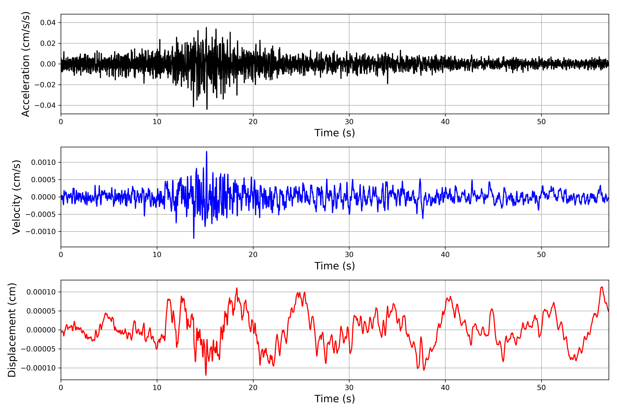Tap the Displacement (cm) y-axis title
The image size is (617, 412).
point(12,330)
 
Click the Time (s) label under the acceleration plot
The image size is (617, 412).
point(335,133)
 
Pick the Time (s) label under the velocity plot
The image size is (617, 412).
point(335,266)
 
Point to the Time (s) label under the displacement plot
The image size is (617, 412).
point(335,399)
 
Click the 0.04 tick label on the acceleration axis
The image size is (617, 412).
point(48,23)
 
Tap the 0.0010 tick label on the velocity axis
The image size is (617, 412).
point(43,162)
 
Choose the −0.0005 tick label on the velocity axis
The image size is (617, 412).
point(41,214)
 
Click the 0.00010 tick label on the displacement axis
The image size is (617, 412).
point(41,292)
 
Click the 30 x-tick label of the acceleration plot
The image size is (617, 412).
point(349,122)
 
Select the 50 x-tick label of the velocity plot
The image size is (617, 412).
point(541,255)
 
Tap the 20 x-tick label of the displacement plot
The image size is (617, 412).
point(253,388)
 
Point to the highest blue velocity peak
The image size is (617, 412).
point(207,152)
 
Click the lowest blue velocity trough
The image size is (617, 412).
point(194,238)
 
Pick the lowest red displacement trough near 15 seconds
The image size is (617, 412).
point(206,375)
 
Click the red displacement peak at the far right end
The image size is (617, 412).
point(602,287)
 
